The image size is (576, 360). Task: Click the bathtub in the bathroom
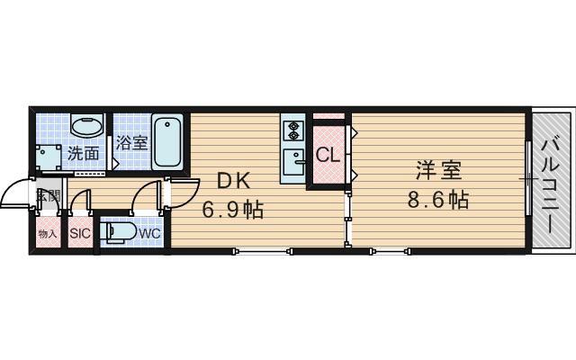point(167,140)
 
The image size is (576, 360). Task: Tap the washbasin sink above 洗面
point(85,125)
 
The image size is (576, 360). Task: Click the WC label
point(149,233)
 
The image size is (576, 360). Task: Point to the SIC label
point(80,234)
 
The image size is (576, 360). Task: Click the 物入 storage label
point(47,234)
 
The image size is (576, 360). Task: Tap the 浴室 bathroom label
point(131,143)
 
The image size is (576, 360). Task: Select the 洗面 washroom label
point(85,153)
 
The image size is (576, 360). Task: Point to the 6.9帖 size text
point(231,210)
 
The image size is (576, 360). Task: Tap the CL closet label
point(328,155)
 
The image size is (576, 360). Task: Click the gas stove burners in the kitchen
point(293,130)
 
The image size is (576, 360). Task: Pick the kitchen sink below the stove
point(293,162)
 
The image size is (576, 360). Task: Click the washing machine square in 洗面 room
point(49,154)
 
